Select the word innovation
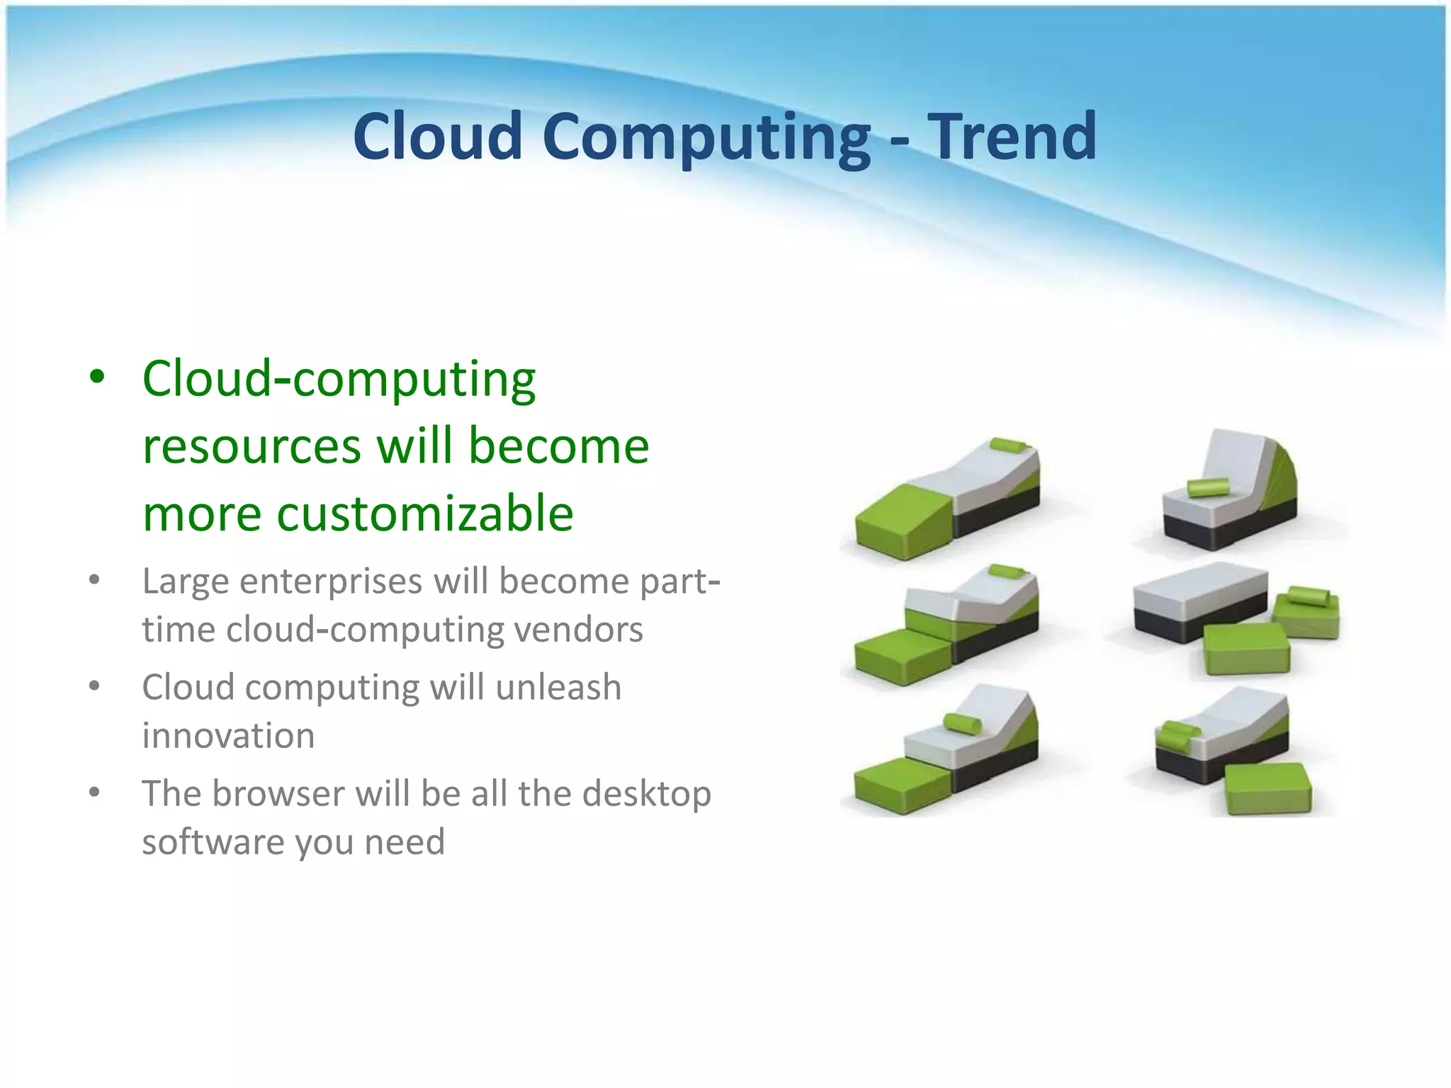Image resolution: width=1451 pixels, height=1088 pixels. coord(228,736)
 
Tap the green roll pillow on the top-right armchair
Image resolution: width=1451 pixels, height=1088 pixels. coord(1208,487)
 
